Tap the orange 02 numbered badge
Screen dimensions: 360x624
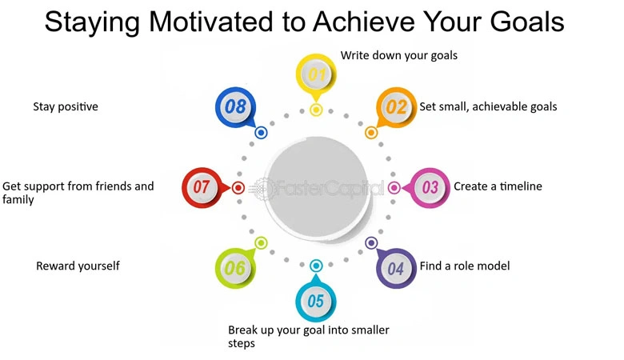pyautogui.click(x=396, y=106)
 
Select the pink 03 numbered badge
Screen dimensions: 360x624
pyautogui.click(x=430, y=188)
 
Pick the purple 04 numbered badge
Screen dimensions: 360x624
pyautogui.click(x=396, y=268)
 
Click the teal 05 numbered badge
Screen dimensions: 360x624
pyautogui.click(x=315, y=302)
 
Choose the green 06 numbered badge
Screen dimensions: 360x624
pyautogui.click(x=234, y=268)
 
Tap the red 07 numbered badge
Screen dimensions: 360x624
pyautogui.click(x=201, y=188)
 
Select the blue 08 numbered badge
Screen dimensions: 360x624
pyautogui.click(x=234, y=106)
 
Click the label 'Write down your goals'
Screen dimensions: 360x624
pyautogui.click(x=399, y=56)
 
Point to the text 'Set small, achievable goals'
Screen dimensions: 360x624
pyautogui.click(x=488, y=106)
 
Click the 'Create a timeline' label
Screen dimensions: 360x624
pyautogui.click(x=498, y=186)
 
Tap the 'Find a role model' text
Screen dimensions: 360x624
pyautogui.click(x=465, y=266)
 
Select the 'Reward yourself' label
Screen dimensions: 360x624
pyautogui.click(x=78, y=266)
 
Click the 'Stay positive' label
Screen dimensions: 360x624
pyautogui.click(x=66, y=106)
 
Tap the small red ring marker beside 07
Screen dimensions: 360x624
pyautogui.click(x=238, y=188)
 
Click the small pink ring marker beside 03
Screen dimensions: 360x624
pyautogui.click(x=394, y=188)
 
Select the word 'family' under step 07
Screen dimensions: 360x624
pyautogui.click(x=18, y=200)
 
